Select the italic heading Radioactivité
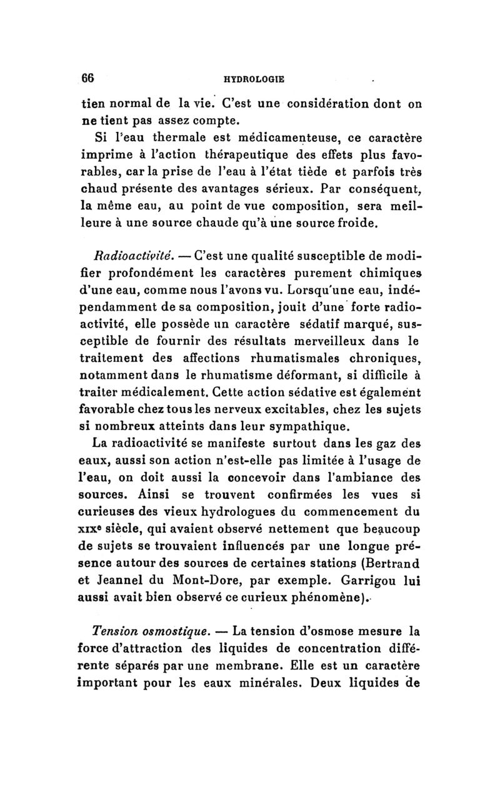122,254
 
